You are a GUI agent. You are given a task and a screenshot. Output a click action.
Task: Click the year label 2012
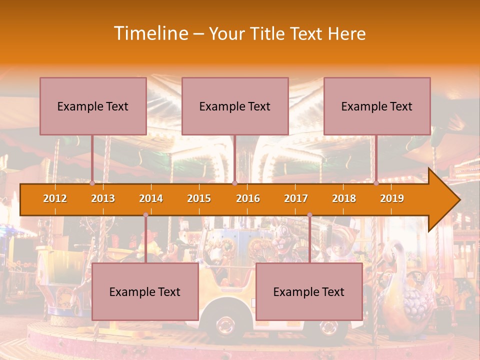coord(55,199)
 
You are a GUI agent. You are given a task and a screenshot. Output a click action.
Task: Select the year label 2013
coord(103,199)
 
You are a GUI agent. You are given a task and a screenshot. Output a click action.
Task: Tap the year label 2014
coord(151,199)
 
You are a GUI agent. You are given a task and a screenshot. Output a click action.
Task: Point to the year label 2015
coord(199,199)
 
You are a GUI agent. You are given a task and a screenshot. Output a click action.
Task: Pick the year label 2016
coord(248,199)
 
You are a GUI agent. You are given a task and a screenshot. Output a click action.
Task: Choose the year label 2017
coord(296,199)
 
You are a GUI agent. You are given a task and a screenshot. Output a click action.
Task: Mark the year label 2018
coord(344,199)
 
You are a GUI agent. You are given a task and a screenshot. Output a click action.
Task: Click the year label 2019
coord(392,199)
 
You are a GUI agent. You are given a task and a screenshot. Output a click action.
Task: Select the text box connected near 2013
coord(93,106)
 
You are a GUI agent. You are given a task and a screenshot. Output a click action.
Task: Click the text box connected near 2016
coord(235,106)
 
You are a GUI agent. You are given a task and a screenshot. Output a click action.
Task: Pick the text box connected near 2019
coord(377,106)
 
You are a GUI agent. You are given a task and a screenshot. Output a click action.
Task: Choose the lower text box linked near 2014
coord(145,291)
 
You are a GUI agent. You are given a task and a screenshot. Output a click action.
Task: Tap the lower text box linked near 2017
coord(309,291)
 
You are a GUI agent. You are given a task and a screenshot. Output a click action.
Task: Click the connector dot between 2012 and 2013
coord(92,183)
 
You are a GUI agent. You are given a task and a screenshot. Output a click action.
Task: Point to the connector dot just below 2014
coord(145,215)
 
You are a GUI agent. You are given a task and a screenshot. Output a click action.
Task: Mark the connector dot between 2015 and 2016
coord(234,183)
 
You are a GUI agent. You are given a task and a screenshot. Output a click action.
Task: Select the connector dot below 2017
coord(309,215)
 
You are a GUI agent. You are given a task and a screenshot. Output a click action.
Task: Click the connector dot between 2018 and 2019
coord(376,183)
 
